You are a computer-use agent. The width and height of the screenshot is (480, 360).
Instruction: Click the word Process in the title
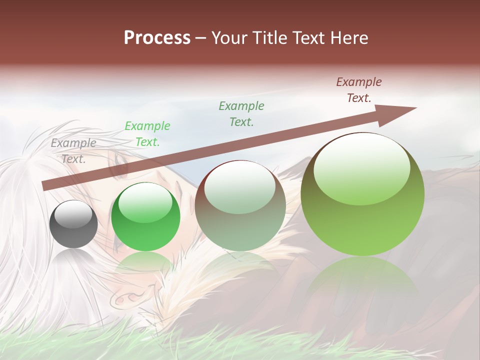tap(157, 38)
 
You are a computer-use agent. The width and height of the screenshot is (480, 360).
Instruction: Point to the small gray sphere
tap(73, 224)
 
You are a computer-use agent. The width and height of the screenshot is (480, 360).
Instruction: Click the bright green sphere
tap(145, 217)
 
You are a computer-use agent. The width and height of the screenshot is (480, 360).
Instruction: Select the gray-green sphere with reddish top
tap(240, 205)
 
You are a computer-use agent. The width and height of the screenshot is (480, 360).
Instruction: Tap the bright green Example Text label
tap(147, 134)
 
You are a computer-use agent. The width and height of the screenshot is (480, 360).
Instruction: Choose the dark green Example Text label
tap(241, 114)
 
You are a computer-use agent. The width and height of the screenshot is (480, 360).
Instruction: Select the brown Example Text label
tap(359, 90)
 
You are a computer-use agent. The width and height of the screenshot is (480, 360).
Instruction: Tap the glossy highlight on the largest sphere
tap(361, 167)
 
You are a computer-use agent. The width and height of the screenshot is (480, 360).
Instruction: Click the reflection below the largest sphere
tap(362, 285)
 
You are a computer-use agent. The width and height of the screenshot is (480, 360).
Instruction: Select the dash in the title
tap(201, 38)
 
